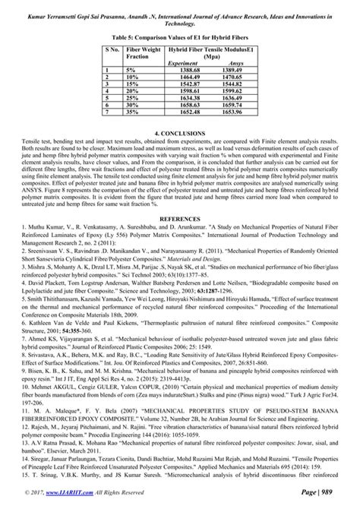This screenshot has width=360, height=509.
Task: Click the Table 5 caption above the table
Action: point(180,35)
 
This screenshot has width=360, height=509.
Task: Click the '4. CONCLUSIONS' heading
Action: point(180,133)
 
